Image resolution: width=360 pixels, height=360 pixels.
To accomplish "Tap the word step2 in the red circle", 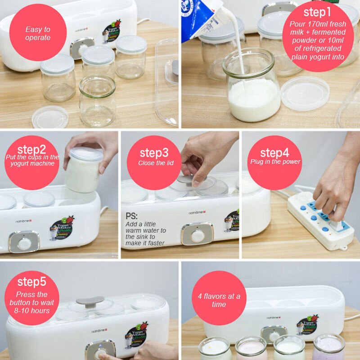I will pyautogui.click(x=32, y=149).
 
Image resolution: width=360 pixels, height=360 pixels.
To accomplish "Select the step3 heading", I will pyautogui.click(x=154, y=153).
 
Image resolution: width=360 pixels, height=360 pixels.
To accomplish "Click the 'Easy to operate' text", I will pyautogui.click(x=38, y=33).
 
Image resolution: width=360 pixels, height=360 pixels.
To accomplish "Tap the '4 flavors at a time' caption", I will pyautogui.click(x=219, y=300).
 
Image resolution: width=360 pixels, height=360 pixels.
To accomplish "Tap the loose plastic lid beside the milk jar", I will pyautogui.click(x=305, y=93).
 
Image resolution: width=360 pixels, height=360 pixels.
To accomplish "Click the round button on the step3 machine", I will pyautogui.click(x=197, y=234).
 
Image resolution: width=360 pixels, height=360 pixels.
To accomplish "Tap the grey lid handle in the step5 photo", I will pyautogui.click(x=90, y=301).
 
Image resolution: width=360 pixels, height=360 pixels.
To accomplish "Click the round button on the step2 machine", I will pyautogui.click(x=24, y=243).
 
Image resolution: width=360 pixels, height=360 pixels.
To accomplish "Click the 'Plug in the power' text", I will pyautogui.click(x=275, y=162).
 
